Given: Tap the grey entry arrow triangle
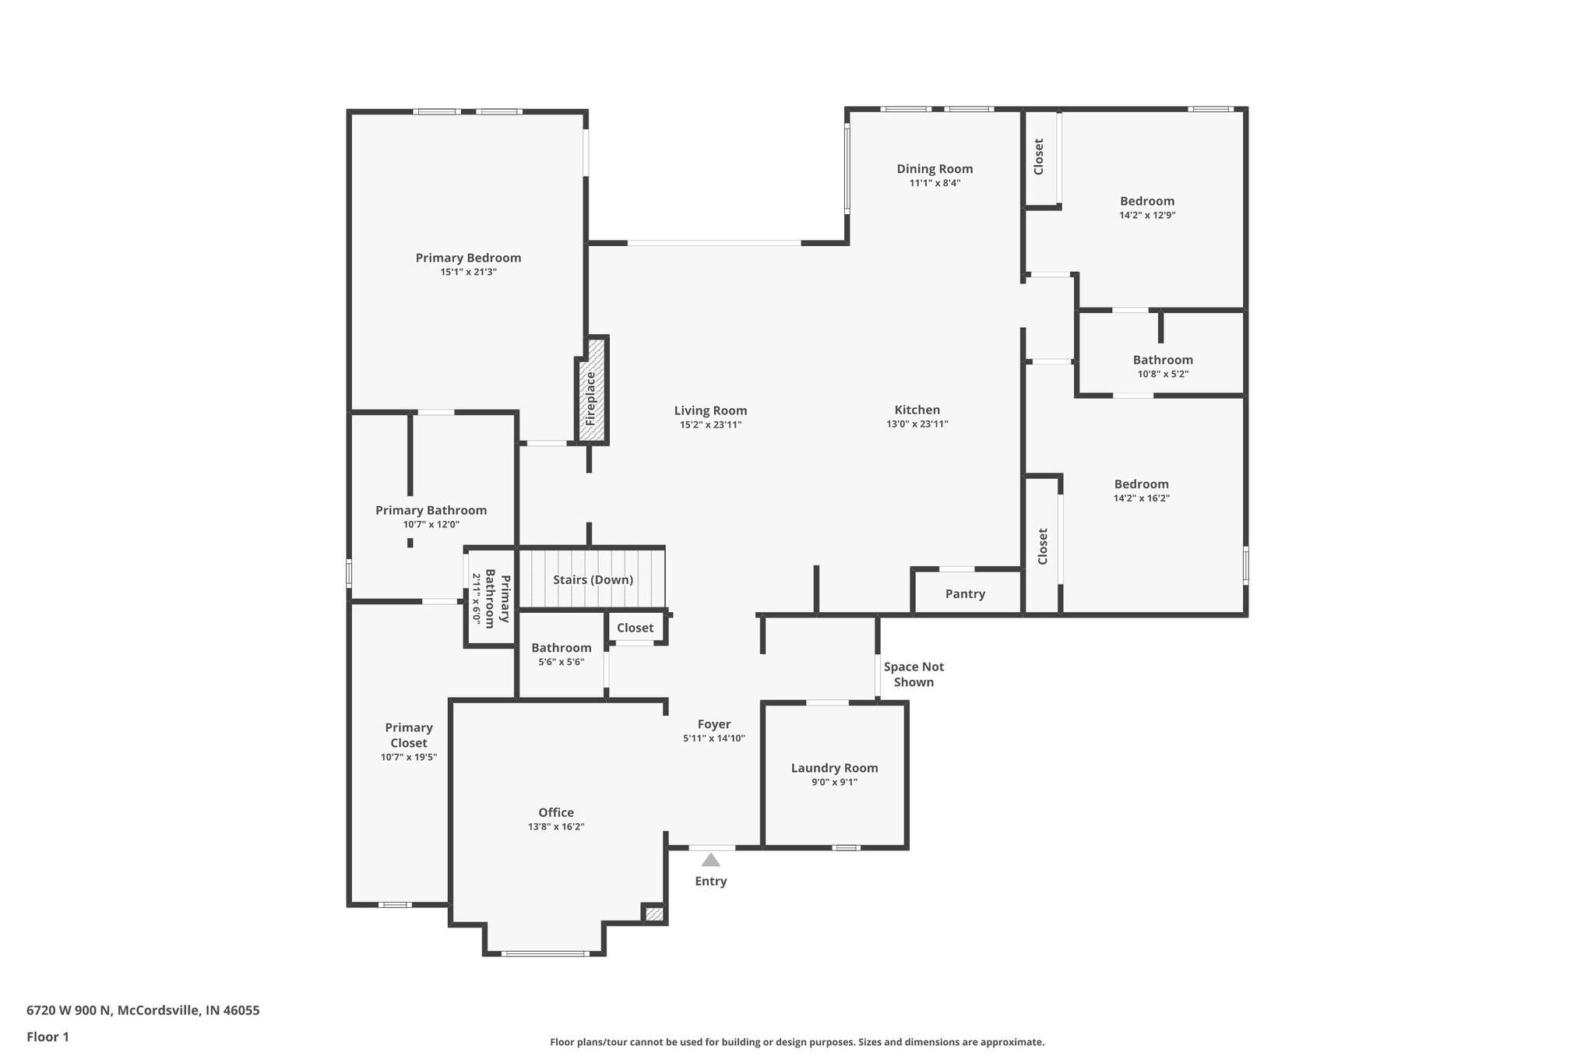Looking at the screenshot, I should tap(710, 860).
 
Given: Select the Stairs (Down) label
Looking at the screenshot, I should tap(593, 579).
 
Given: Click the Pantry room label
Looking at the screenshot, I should tap(965, 593).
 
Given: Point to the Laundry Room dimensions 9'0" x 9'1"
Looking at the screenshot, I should tap(834, 782).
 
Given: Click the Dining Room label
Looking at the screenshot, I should tap(935, 168).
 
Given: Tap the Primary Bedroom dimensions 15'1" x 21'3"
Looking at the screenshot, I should tap(468, 272).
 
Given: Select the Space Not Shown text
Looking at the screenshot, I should tap(914, 674).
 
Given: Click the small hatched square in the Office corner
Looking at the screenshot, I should tap(654, 913).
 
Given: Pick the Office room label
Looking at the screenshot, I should tap(556, 812).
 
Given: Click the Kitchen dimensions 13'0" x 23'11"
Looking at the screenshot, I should tap(917, 424).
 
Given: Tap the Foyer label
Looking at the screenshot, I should tap(713, 724).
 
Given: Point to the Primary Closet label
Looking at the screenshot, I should tap(408, 734).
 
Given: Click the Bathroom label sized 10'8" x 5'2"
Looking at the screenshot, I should tap(1163, 360).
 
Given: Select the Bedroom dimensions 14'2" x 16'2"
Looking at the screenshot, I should tap(1141, 498).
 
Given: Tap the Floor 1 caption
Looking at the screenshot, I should tap(48, 1037).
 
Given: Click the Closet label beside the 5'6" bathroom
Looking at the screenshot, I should tap(635, 628).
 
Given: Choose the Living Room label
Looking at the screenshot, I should tap(710, 410).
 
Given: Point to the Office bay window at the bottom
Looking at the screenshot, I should tap(544, 953).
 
